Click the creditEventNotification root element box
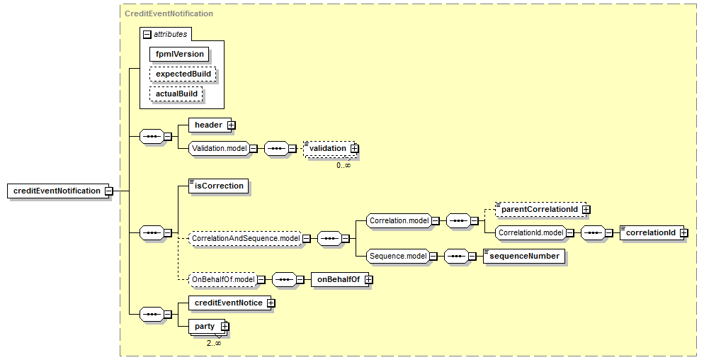coord(58,191)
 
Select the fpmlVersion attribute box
coord(180,54)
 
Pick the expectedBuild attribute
coord(183,74)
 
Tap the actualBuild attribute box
coord(176,94)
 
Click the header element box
coord(210,125)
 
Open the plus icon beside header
coord(231,125)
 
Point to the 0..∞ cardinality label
coord(344,165)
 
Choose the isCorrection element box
coord(219,186)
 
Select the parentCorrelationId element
coord(540,210)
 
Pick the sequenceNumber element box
coord(524,256)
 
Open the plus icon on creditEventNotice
coord(271,303)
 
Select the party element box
coord(208,326)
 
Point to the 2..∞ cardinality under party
coord(214,344)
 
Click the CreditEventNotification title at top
coord(169,13)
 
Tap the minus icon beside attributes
coord(147,35)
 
